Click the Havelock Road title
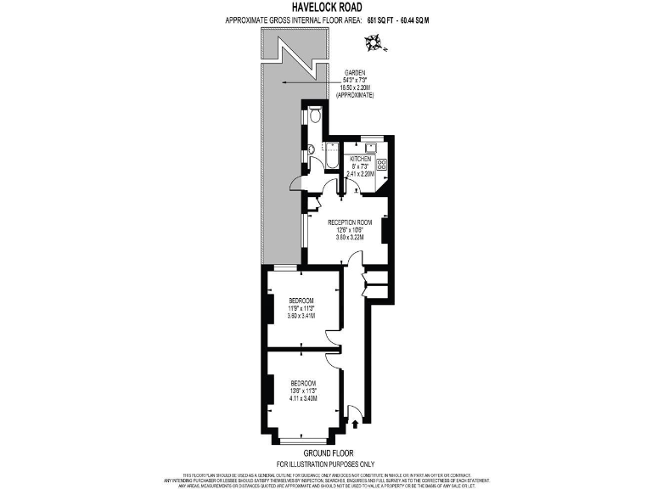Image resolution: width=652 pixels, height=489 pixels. pyautogui.click(x=325, y=7)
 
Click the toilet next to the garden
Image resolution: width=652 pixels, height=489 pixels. pyautogui.click(x=314, y=115)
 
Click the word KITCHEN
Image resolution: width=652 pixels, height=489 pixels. pyautogui.click(x=361, y=159)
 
